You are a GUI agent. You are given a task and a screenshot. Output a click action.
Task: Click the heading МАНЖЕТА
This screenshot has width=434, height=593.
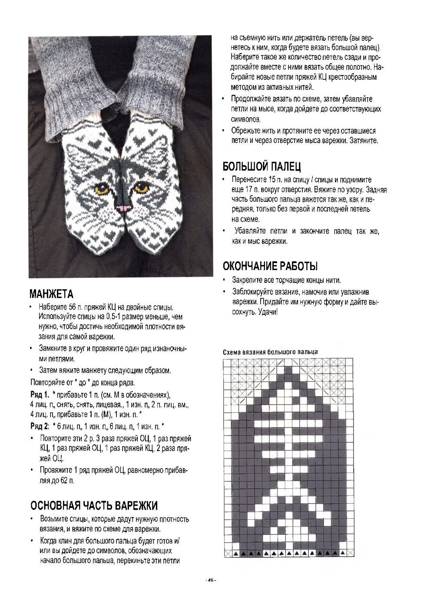click(x=51, y=294)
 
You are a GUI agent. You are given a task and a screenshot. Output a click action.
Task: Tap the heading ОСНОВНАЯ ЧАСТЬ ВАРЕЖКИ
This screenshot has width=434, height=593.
click(x=94, y=506)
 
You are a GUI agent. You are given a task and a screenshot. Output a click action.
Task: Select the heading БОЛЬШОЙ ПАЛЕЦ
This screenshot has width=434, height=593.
click(x=262, y=166)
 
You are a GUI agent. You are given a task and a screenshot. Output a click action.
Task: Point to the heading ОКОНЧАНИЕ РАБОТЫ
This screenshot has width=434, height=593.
click(x=270, y=266)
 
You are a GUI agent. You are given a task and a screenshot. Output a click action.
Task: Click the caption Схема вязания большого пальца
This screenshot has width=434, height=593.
click(x=270, y=352)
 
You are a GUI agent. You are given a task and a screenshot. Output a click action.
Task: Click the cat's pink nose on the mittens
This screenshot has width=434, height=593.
click(x=123, y=208)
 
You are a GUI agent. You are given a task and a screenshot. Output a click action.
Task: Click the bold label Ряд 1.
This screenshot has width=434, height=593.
click(x=39, y=395)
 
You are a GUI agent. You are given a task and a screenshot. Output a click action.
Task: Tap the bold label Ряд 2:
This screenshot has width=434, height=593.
click(x=40, y=425)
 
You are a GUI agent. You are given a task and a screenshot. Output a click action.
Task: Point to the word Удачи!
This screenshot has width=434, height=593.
click(x=267, y=312)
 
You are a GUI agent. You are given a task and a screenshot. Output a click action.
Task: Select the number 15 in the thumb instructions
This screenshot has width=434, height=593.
click(x=272, y=180)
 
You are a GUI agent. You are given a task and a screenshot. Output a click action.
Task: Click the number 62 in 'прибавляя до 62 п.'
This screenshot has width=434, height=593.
click(x=64, y=481)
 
